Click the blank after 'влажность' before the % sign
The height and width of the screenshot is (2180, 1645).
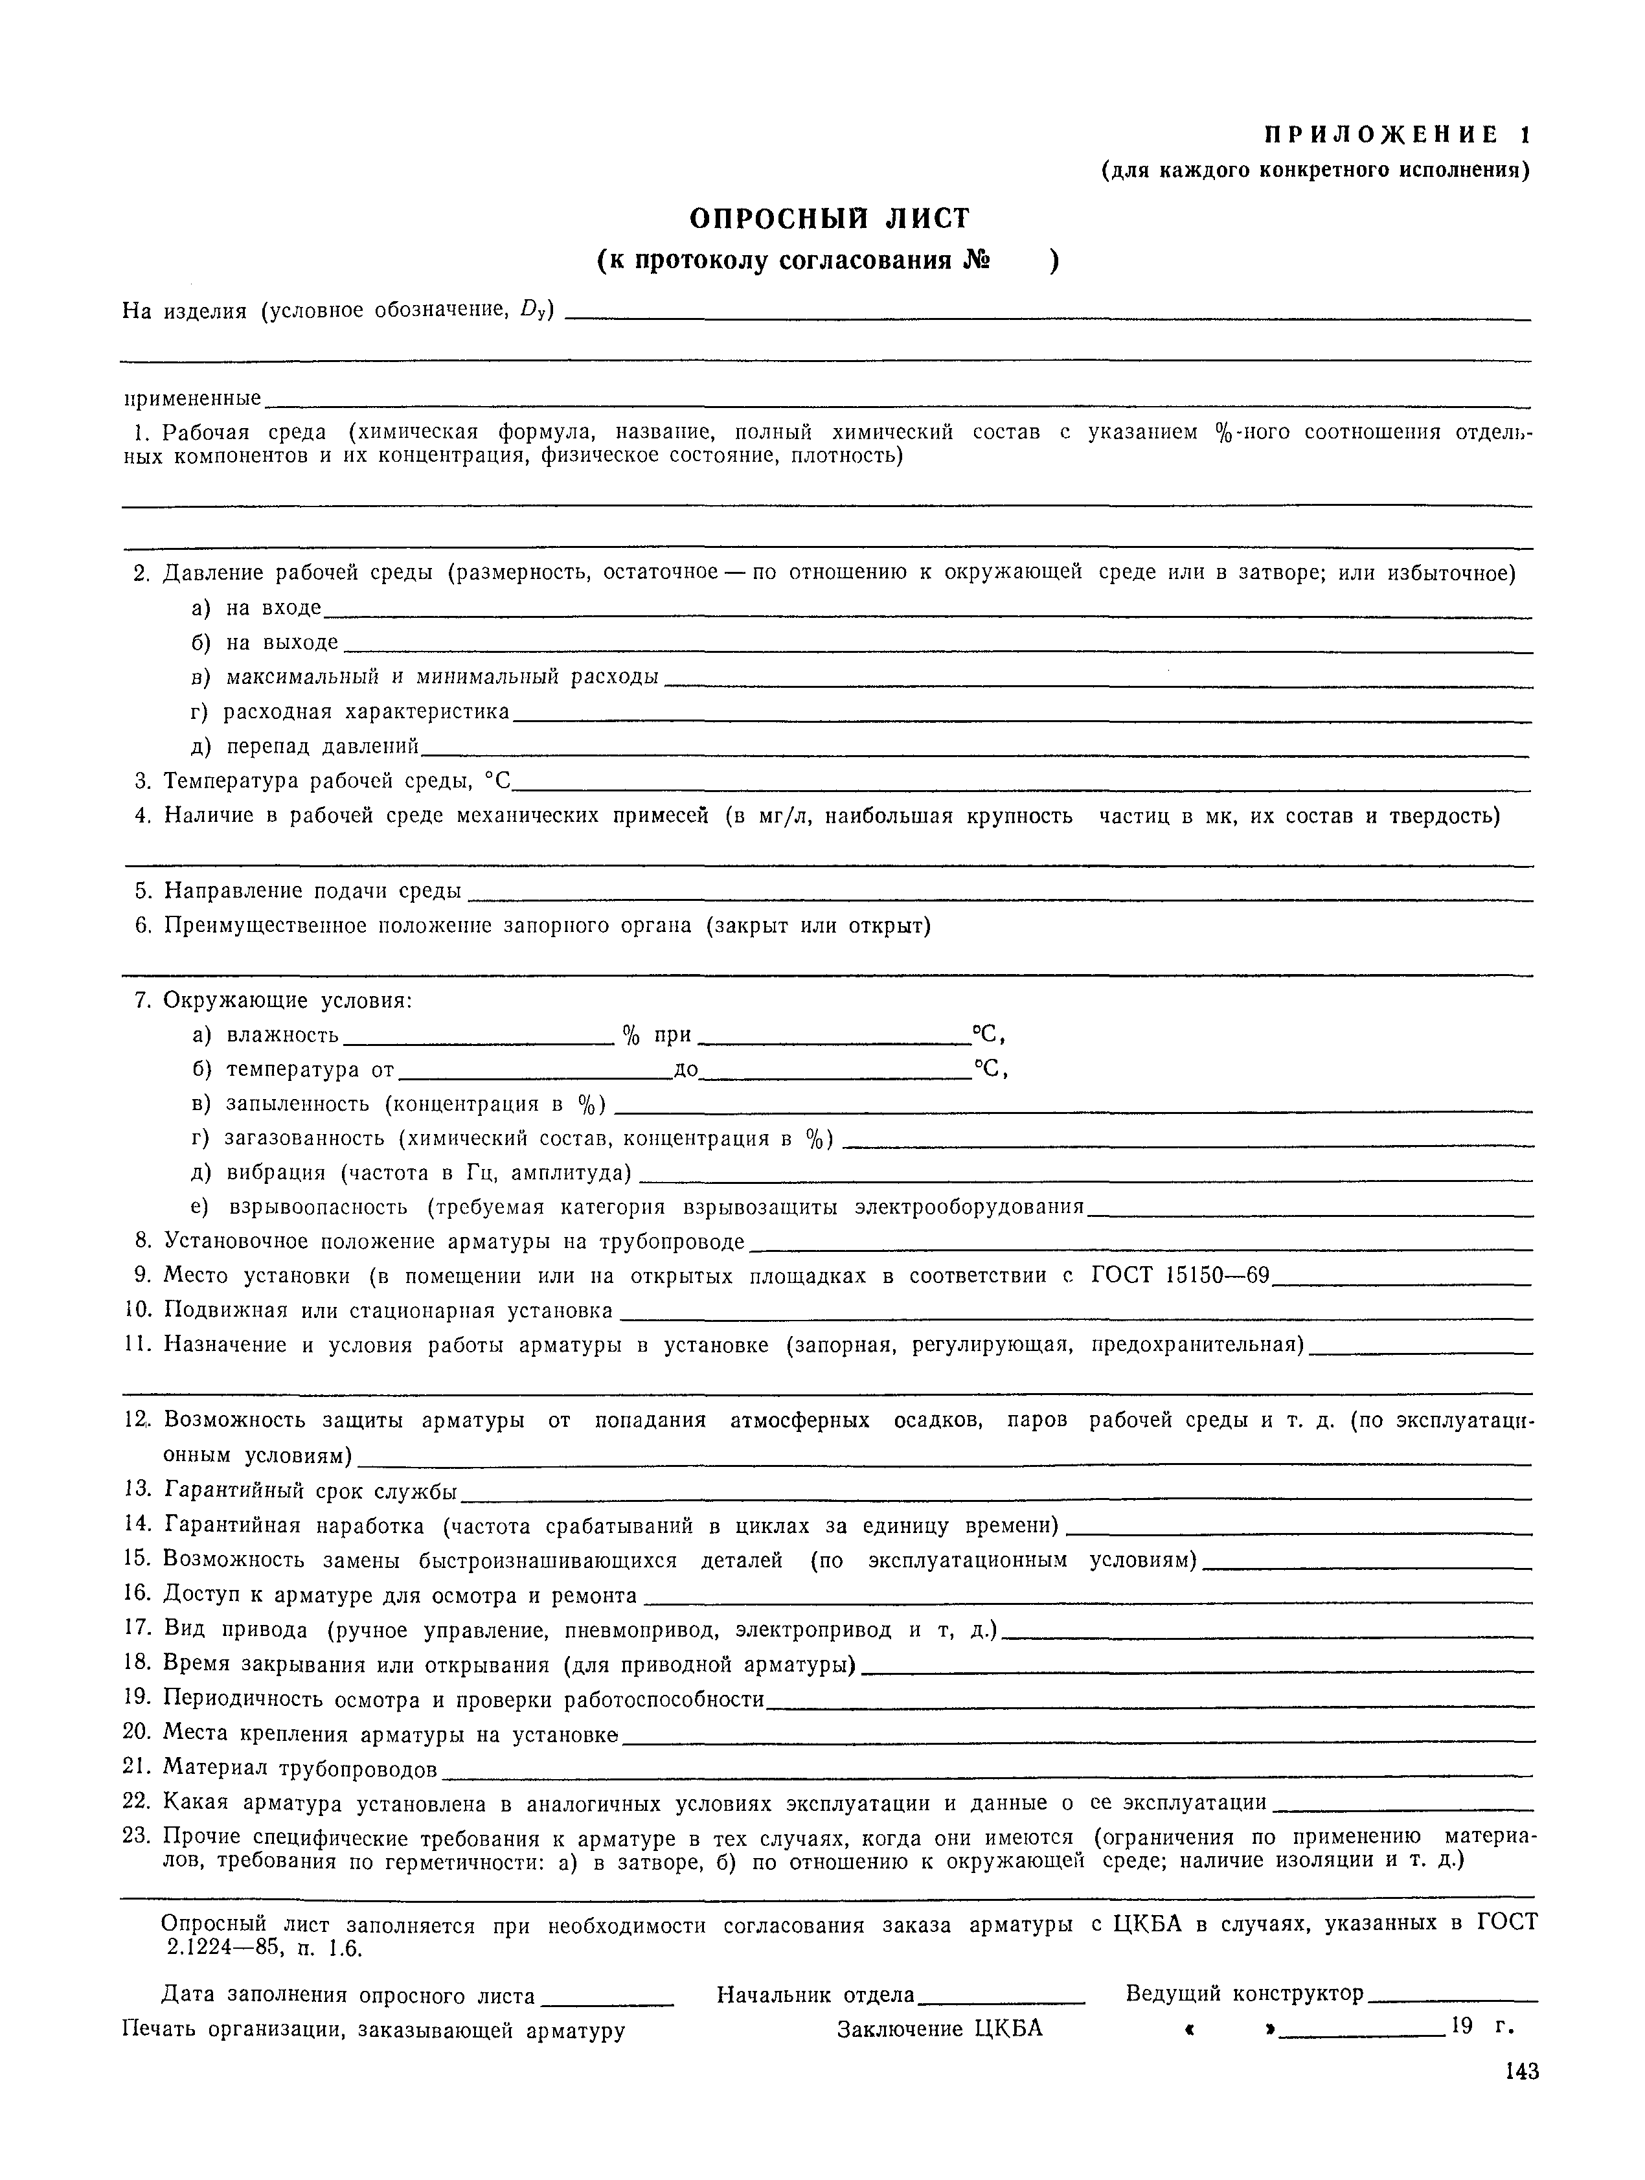click(x=478, y=1041)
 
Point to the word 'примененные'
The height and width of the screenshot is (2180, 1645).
click(x=192, y=399)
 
